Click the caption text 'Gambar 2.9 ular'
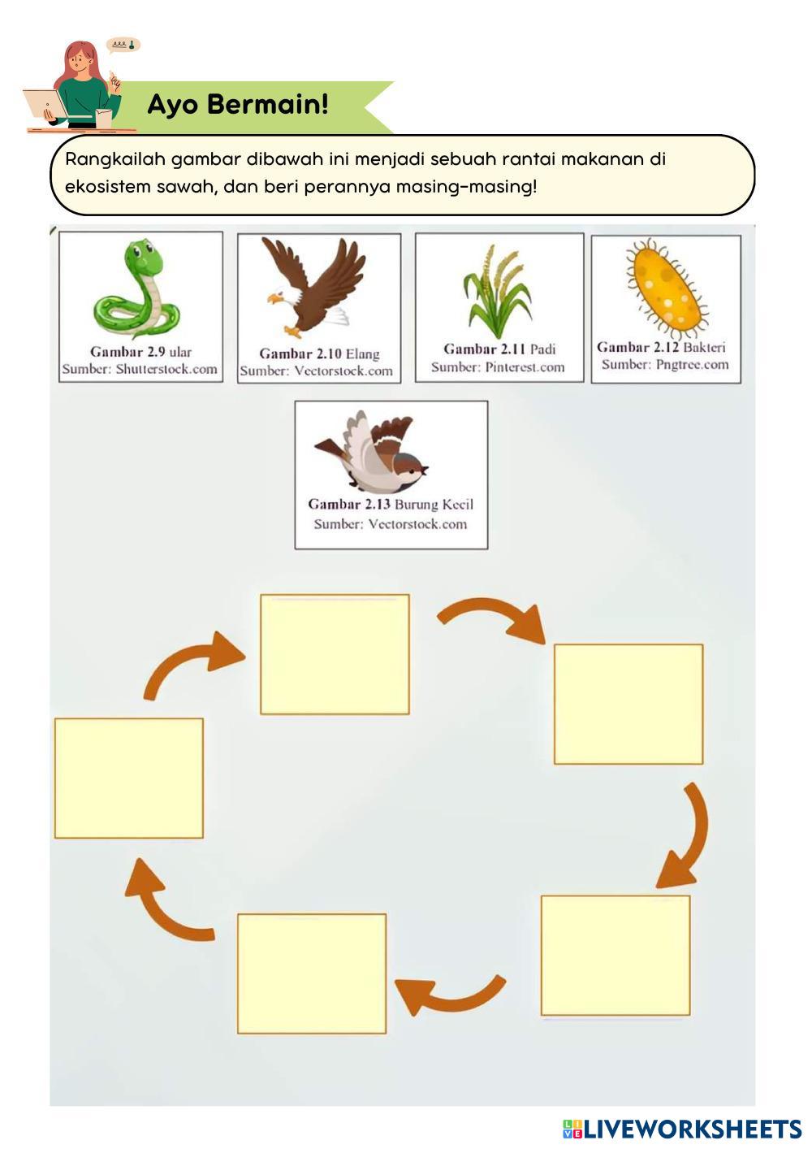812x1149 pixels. coord(140,352)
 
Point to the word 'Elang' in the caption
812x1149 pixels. coord(362,353)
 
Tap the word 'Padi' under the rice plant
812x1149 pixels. coord(542,349)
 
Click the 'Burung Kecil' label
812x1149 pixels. coord(434,504)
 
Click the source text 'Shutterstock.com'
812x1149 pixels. coord(166,369)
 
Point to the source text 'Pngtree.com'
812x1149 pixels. coord(693,364)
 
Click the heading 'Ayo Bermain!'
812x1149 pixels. coord(238,104)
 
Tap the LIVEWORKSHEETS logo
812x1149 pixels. coord(682,1129)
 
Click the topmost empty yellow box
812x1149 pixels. coord(335,654)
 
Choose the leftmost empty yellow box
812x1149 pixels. coord(129,778)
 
